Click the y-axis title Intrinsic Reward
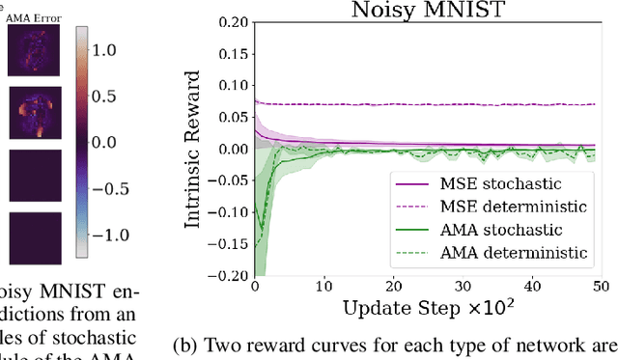click(195, 151)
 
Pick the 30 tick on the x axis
click(462, 287)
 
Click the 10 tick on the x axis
click(323, 287)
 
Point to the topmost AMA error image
click(34, 50)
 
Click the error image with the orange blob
click(34, 113)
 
